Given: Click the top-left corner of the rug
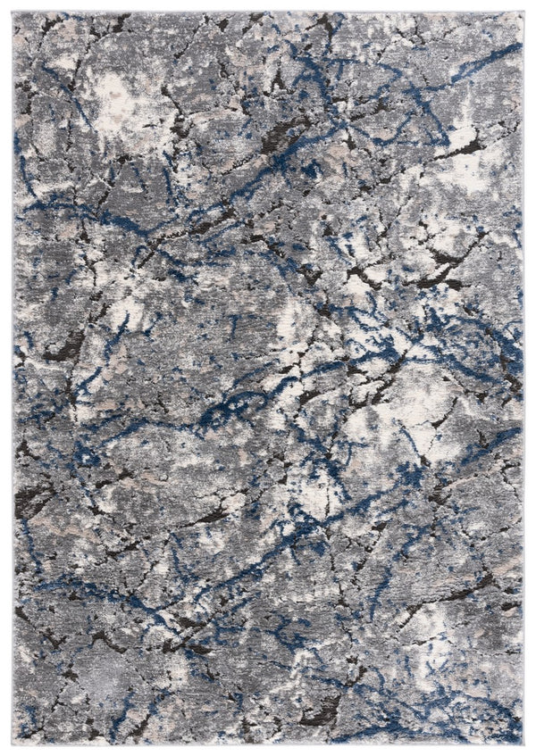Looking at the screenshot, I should coord(14,13).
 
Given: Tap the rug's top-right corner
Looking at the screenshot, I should coord(523,13).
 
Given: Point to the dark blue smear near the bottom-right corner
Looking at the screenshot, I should coord(473,705).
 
